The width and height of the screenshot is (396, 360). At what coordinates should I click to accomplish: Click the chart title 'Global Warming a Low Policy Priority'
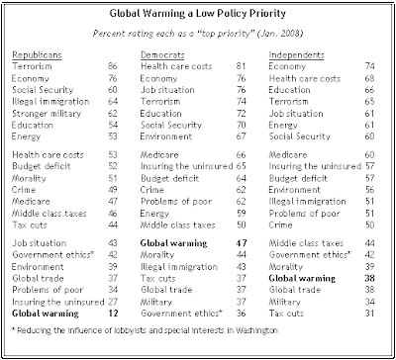(x=197, y=14)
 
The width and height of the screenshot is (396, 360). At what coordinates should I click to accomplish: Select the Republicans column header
(x=37, y=54)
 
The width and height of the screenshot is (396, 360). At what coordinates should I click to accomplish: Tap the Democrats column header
(x=162, y=54)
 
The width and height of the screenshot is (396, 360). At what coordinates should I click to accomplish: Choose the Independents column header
(x=296, y=54)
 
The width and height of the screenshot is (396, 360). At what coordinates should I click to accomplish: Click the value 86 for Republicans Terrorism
(x=113, y=66)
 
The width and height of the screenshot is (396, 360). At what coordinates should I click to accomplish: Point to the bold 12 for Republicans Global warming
(x=113, y=314)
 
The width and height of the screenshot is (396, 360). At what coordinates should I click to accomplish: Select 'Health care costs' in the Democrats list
(x=176, y=66)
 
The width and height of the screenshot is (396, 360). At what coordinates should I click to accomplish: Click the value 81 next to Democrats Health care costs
(x=241, y=66)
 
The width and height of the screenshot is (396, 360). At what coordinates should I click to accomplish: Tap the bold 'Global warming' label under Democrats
(x=173, y=243)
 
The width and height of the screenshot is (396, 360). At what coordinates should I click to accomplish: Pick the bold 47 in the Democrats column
(x=241, y=243)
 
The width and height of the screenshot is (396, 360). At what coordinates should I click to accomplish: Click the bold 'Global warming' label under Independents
(x=302, y=279)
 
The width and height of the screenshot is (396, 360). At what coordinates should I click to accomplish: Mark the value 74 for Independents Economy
(x=369, y=66)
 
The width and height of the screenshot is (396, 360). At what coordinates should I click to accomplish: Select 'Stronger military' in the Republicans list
(x=47, y=114)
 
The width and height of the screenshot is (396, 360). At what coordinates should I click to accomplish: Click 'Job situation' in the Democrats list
(x=167, y=90)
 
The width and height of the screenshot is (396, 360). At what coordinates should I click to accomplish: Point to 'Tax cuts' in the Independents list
(x=286, y=314)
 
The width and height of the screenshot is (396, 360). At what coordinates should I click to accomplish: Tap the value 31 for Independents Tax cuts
(x=369, y=314)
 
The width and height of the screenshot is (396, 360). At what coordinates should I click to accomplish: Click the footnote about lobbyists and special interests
(x=145, y=330)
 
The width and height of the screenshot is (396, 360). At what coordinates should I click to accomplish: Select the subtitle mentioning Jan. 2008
(x=197, y=34)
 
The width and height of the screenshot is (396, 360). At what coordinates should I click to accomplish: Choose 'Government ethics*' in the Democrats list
(x=180, y=314)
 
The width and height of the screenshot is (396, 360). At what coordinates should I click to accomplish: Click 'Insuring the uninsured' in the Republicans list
(x=58, y=302)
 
